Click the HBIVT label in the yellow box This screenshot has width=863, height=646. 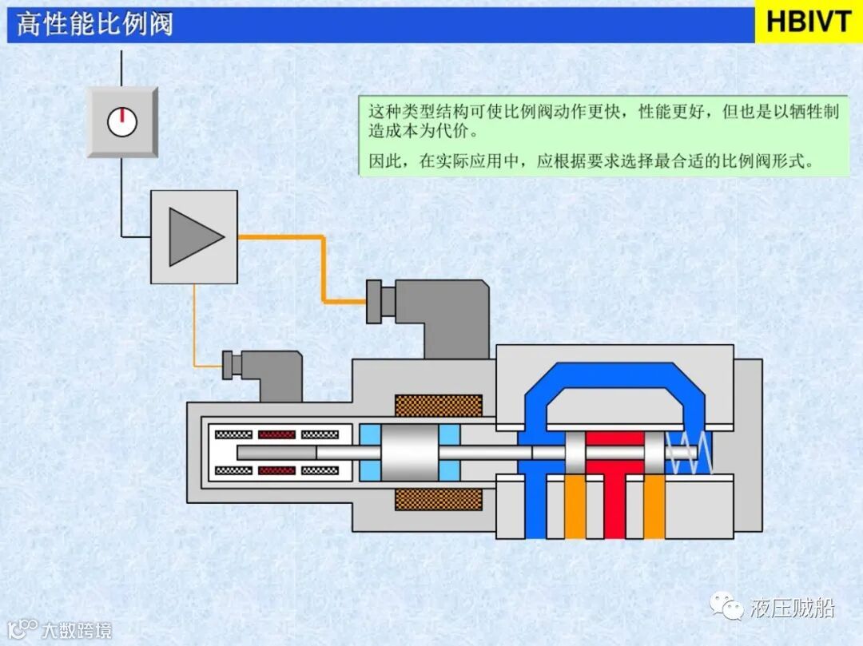[809, 22]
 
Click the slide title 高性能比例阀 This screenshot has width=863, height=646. [94, 24]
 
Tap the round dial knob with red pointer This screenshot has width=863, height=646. [122, 121]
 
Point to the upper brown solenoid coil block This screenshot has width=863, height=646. [439, 406]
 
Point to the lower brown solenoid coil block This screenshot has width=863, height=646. [439, 500]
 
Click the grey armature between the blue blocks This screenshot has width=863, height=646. [410, 453]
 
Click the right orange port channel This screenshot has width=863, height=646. [654, 508]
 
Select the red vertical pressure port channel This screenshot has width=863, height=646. [614, 499]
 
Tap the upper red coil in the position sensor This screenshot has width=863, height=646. [276, 435]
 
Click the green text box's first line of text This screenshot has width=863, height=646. [603, 113]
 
